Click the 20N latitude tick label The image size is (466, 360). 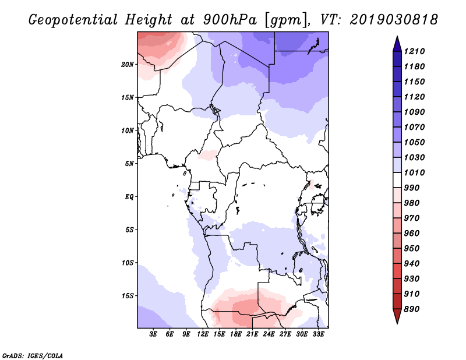tap(128, 65)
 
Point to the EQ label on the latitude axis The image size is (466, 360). tap(129, 197)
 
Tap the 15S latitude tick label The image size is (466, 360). tap(128, 296)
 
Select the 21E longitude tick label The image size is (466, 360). tap(252, 334)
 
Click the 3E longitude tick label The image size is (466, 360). tap(153, 334)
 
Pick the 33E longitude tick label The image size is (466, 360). tap(318, 334)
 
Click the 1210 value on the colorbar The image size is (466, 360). tap(414, 51)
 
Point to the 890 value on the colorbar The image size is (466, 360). tap(412, 309)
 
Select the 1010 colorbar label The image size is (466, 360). tap(414, 172)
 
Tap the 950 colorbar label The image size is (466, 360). tap(412, 249)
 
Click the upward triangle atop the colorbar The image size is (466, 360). tap(397, 44)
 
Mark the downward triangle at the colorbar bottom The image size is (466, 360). tap(397, 316)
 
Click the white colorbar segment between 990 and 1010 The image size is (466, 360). tap(397, 180)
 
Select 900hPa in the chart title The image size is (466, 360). tap(230, 20)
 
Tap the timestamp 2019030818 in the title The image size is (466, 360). tap(394, 20)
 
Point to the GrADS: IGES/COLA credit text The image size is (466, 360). tap(33, 356)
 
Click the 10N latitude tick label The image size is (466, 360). tap(128, 130)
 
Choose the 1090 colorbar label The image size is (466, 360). tap(414, 112)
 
